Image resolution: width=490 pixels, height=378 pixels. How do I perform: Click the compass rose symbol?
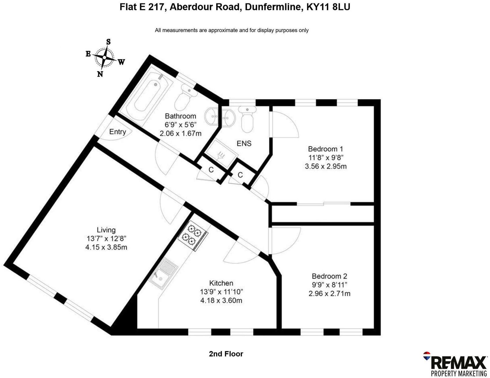(x=104, y=57)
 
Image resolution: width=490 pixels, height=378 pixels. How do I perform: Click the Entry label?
(x=118, y=132)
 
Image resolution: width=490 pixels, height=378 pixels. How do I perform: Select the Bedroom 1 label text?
(x=325, y=149)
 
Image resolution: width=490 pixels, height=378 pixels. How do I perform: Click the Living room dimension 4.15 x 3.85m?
(x=106, y=247)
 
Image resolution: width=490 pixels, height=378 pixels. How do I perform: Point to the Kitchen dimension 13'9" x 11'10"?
(x=221, y=292)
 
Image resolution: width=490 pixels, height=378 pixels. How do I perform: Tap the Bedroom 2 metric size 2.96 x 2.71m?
(x=329, y=294)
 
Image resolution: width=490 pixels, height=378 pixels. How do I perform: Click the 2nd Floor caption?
(x=226, y=354)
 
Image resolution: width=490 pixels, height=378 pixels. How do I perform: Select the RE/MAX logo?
(x=455, y=364)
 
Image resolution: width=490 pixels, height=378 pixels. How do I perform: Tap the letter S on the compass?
(x=108, y=42)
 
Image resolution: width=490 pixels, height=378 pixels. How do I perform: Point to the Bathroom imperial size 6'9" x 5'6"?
(x=180, y=125)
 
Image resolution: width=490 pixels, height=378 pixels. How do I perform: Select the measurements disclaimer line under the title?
(x=232, y=30)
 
